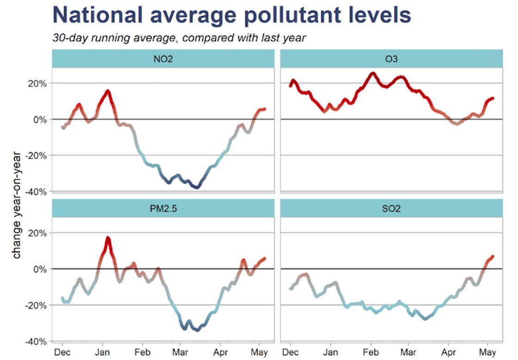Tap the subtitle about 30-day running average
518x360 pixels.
tap(179, 38)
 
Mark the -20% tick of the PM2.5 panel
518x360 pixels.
tap(37, 305)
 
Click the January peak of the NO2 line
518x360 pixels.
tap(108, 91)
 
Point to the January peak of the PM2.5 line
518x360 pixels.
tap(108, 238)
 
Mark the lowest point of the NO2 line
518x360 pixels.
tap(197, 188)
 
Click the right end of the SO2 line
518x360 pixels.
tap(493, 256)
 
